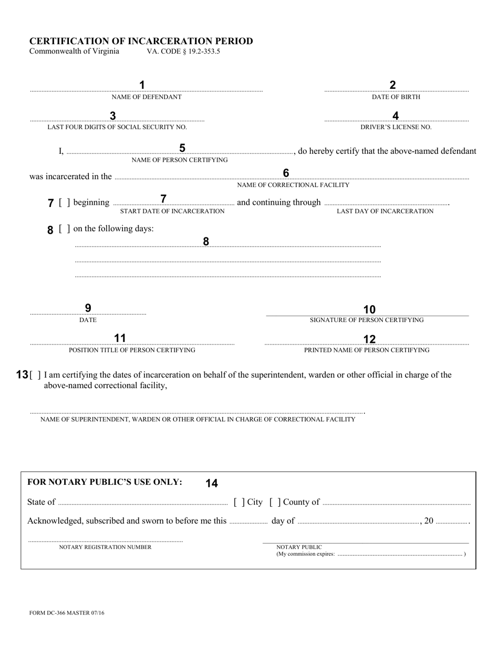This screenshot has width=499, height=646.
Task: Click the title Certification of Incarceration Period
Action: coord(141,41)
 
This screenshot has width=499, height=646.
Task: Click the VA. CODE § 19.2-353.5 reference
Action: coord(183,51)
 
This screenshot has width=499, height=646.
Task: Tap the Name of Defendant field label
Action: coord(147,97)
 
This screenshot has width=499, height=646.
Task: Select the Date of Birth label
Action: coord(396,97)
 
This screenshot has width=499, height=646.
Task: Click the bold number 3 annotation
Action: coord(112,116)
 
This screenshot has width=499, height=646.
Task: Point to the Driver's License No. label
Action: coord(396,127)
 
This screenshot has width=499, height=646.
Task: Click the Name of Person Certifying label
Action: coord(180,160)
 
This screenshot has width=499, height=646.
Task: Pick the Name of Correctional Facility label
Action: coord(293,185)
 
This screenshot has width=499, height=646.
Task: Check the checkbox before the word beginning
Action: coord(65,203)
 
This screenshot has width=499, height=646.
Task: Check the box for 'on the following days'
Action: coord(65,229)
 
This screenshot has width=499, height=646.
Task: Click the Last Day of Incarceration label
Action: coord(385,211)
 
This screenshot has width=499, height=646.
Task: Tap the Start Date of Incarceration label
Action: coord(172,211)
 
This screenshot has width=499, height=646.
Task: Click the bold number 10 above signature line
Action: coord(369,310)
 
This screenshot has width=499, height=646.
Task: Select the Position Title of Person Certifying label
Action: coord(132,350)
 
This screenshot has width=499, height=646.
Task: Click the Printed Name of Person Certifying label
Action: coord(367,350)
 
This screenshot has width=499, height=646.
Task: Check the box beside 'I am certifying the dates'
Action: coord(35,375)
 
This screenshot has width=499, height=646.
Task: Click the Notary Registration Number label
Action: coord(105,547)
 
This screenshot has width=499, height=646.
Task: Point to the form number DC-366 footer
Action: coord(67,613)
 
